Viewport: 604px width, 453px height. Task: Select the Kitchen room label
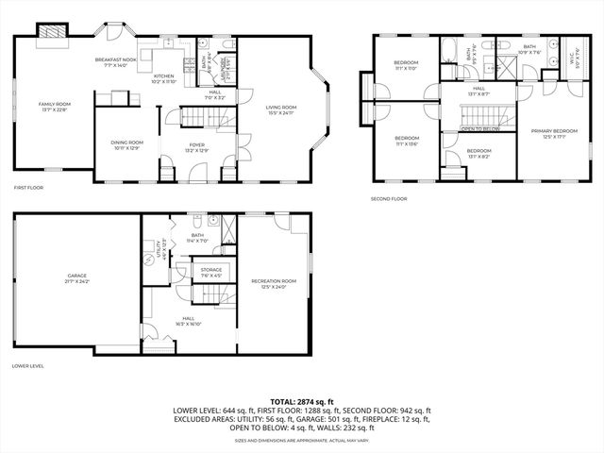click(164, 78)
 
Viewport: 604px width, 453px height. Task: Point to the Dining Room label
click(126, 144)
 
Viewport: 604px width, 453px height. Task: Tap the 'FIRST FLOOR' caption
click(30, 188)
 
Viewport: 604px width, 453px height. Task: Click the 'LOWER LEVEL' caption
click(29, 365)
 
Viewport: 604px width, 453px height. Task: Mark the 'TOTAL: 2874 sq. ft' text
click(302, 402)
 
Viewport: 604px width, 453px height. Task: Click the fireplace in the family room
click(53, 34)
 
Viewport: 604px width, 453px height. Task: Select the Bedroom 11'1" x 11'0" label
click(406, 65)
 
